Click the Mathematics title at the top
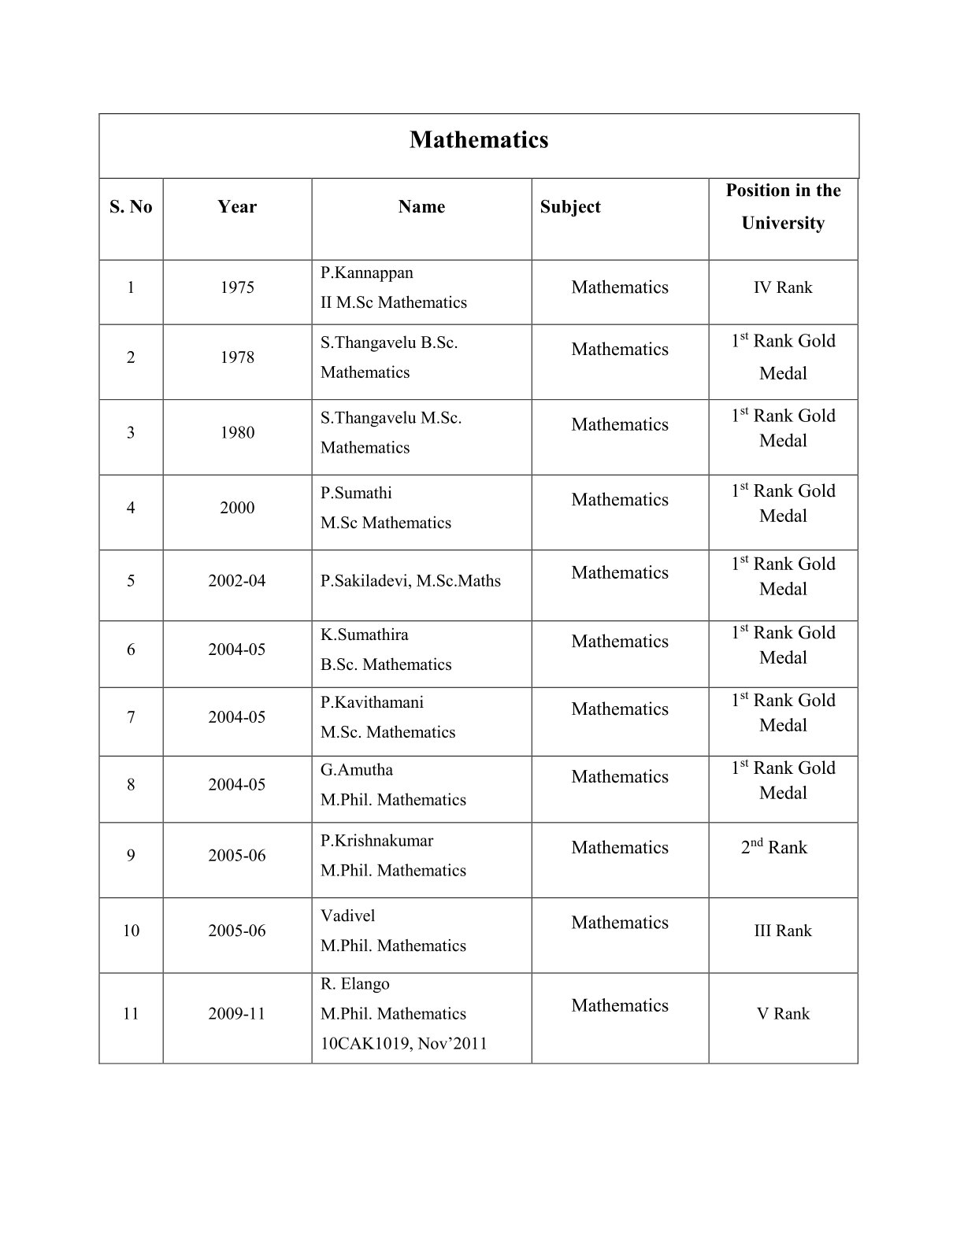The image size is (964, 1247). [x=479, y=140]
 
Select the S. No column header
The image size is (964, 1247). [x=131, y=207]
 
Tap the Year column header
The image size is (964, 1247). [x=237, y=207]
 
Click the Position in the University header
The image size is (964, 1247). [x=783, y=207]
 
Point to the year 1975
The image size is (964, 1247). [x=237, y=287]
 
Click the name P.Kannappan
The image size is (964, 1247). [x=366, y=273]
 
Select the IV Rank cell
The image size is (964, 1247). [x=783, y=287]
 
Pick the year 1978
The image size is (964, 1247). [x=237, y=357]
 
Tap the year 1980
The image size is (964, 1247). [x=237, y=432]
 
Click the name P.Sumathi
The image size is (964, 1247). [x=356, y=494]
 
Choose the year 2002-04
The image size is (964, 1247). [x=237, y=581]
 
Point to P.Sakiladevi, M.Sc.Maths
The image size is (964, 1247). [x=410, y=581]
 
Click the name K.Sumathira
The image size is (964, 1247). [x=364, y=635]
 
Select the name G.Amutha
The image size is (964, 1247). [x=356, y=770]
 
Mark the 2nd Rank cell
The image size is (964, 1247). [x=774, y=848]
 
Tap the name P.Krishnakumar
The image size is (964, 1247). [x=376, y=841]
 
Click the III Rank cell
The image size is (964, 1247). [x=783, y=931]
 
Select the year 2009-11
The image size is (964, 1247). [x=237, y=1014]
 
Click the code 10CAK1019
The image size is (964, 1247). [x=361, y=1044]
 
